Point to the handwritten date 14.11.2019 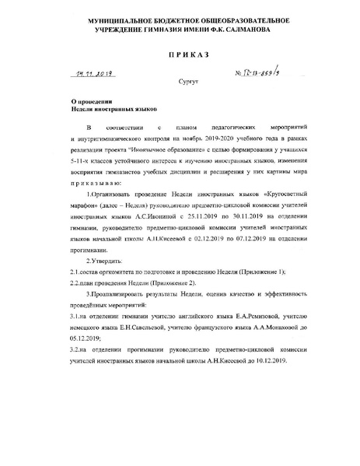click(91, 75)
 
